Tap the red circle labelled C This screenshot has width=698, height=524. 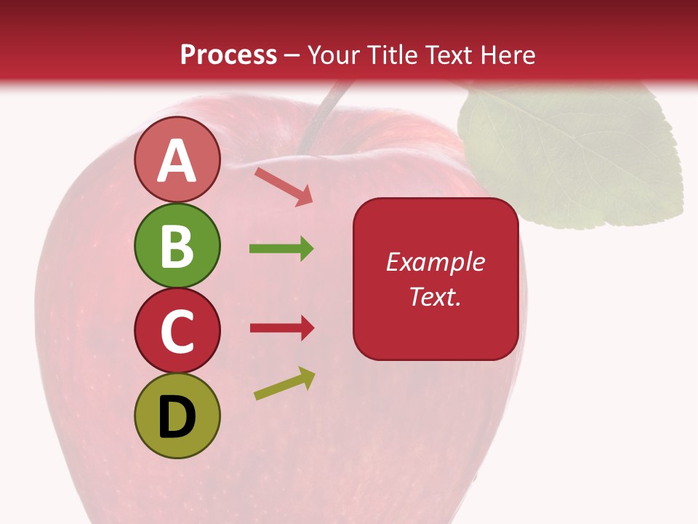coord(177,330)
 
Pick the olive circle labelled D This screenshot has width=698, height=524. coord(177,416)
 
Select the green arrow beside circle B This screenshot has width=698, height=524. coord(281,249)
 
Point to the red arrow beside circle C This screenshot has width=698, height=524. coord(282,327)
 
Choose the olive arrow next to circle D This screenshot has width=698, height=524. coord(285,384)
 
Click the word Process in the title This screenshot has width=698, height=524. coord(228,55)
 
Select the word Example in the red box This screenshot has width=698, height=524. coord(435,262)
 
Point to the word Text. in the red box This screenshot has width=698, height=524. coord(435,296)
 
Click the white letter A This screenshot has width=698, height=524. coord(177,161)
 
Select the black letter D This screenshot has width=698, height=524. coord(177,417)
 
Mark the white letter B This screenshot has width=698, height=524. coord(177,246)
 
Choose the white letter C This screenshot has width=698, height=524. coord(177,331)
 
